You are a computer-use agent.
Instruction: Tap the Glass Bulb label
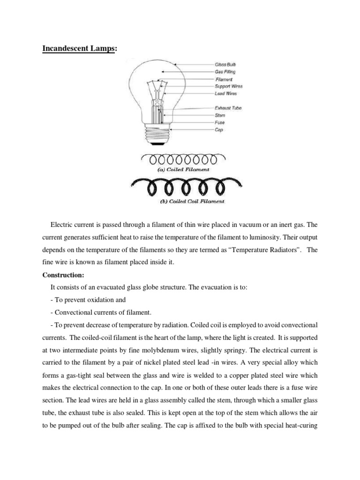coord(225,64)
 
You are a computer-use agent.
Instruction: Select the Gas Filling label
coord(225,72)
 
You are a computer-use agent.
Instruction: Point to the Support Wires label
coord(229,86)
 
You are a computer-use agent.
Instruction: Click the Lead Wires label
coord(226,93)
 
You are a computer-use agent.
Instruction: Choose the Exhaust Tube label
coord(228,108)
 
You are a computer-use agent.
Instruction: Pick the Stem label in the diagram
coord(220,115)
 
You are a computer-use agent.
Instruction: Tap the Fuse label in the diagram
coord(220,122)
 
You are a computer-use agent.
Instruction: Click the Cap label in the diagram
coord(219,130)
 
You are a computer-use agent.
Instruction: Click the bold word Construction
coord(62,275)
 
